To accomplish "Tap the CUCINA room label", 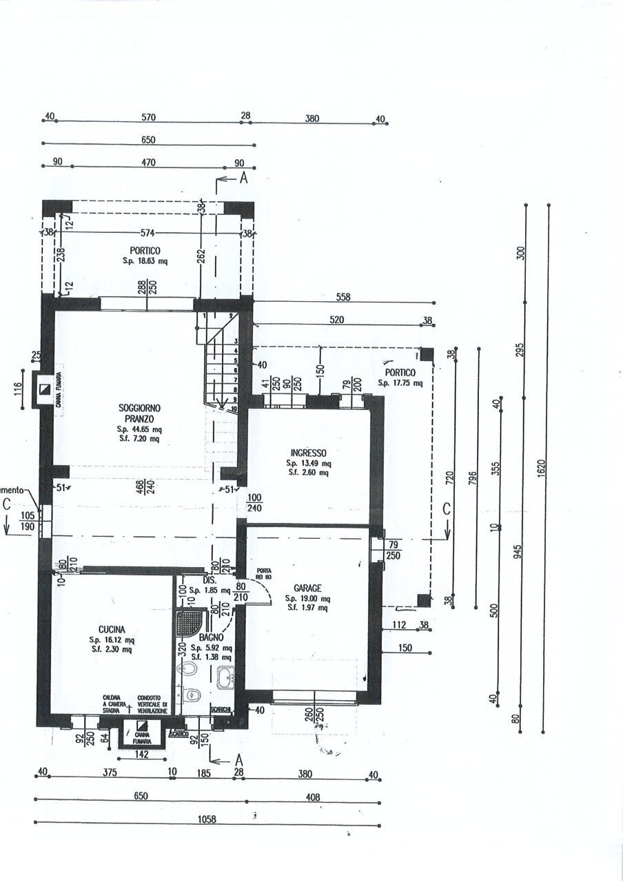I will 111,629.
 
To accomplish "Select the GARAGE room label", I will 307,588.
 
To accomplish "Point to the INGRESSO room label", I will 308,453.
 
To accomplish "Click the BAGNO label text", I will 211,639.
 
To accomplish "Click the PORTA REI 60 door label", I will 263,573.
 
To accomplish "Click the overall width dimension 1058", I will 206,819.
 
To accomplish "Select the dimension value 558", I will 344,298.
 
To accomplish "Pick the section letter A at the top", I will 243,178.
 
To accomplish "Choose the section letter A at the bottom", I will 238,759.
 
